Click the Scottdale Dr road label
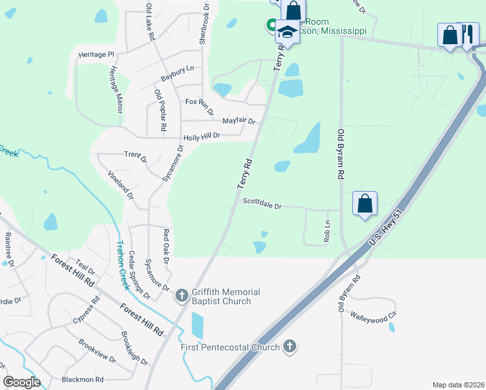[x=262, y=204]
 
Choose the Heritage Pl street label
[x=96, y=55]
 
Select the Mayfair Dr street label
[x=239, y=121]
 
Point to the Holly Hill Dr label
[x=202, y=136]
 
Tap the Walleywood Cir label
[x=374, y=318]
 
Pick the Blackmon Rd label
[x=83, y=379]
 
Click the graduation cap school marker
[x=287, y=32]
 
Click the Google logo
[x=21, y=382]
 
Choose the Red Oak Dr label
[x=166, y=246]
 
